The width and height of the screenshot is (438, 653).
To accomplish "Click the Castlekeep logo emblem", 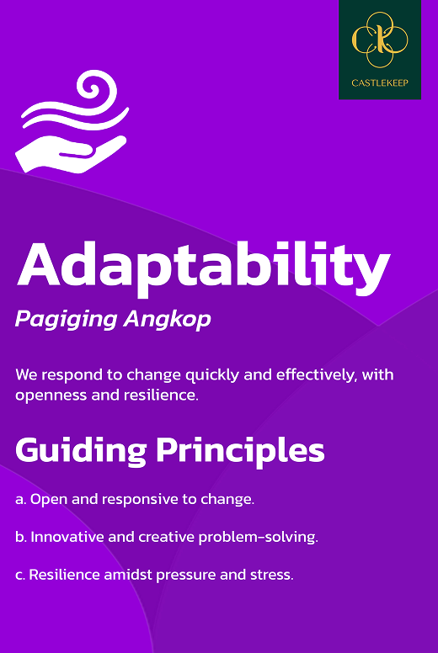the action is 380,40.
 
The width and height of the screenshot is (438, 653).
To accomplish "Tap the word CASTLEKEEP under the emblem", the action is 380,82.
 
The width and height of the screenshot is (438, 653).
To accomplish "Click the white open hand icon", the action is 71,153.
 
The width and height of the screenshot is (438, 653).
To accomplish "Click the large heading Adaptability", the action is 203,265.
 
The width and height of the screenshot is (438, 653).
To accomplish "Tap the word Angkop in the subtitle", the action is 167,321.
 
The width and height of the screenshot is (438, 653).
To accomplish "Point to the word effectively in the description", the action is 317,374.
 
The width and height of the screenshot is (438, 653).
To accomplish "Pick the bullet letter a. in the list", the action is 21,499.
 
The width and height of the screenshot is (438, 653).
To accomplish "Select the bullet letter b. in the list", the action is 21,537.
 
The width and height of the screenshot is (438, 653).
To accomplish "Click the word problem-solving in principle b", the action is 258,538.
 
